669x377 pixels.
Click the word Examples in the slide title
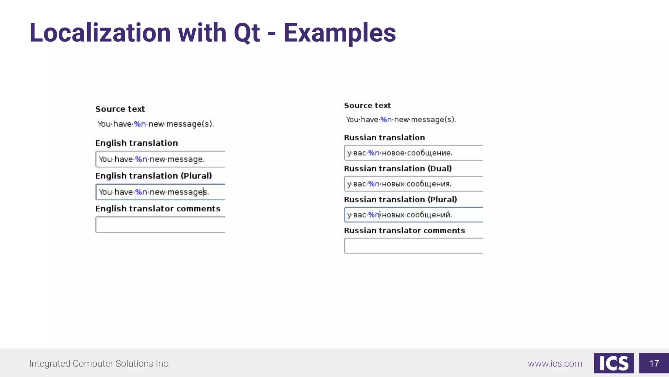pos(339,33)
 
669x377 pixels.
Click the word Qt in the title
pos(247,33)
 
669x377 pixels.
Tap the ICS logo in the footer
pos(613,363)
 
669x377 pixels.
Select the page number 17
pos(654,363)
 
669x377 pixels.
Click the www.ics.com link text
pos(555,364)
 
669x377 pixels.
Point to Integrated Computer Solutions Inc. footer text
pos(100,364)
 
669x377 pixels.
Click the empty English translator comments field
pos(160,225)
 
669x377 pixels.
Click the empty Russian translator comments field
pos(413,246)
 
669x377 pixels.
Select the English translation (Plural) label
pos(154,176)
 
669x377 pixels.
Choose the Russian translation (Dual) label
pos(398,169)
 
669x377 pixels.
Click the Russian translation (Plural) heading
pos(400,200)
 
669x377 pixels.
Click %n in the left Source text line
pos(140,124)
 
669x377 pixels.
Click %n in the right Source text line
pos(386,120)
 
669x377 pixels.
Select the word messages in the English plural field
pos(187,192)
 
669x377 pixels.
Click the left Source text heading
pos(120,109)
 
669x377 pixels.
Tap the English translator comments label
pos(158,209)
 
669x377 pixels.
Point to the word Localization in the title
pos(100,33)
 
